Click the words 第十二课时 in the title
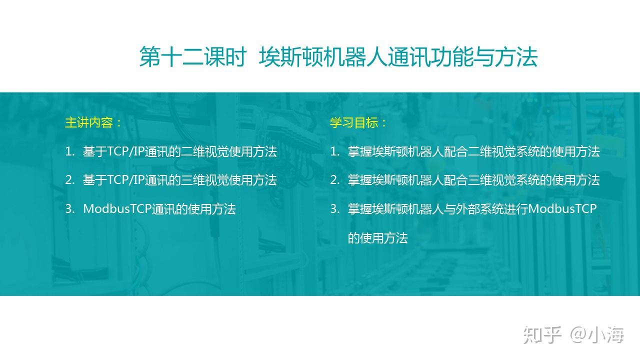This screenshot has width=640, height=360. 193,57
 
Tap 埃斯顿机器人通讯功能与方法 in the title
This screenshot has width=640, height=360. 398,57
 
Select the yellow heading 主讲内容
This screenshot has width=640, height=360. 89,122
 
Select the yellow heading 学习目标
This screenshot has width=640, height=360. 354,122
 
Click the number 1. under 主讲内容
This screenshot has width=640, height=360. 69,151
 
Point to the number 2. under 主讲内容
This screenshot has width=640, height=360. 69,180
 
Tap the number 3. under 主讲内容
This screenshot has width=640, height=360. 69,209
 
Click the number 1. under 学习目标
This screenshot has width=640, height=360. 335,151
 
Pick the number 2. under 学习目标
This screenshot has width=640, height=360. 335,180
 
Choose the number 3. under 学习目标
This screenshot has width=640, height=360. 335,209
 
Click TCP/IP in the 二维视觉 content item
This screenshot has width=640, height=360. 125,151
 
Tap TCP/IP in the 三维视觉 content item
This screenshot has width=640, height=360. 125,180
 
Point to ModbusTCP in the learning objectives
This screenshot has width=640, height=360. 562,209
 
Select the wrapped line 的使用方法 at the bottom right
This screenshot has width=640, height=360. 377,238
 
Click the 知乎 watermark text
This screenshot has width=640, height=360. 542,334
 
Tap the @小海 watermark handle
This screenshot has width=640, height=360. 597,334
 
